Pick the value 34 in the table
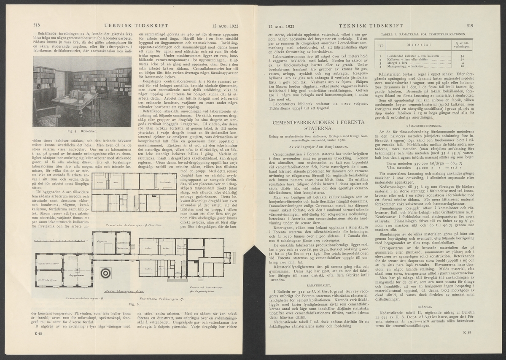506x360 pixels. [462, 56]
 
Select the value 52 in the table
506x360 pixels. [462, 60]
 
